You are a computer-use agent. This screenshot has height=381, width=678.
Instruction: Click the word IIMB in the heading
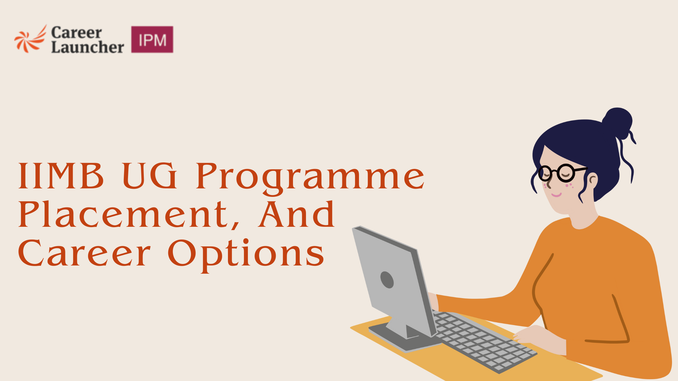(61, 176)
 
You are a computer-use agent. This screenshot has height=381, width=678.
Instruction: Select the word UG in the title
(150, 176)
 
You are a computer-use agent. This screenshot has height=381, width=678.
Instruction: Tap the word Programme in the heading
(310, 178)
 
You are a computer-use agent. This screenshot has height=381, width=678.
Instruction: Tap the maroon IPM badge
(152, 40)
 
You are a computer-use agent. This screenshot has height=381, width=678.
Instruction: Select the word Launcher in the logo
(87, 47)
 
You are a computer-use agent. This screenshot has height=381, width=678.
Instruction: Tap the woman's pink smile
(556, 195)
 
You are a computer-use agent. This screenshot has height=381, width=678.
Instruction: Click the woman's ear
(593, 181)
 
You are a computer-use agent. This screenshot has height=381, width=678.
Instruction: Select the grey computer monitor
(393, 281)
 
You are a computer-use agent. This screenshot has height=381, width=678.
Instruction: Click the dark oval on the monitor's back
(387, 280)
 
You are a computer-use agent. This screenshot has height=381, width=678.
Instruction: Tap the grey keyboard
(481, 342)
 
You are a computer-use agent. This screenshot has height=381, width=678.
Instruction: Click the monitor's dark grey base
(400, 339)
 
